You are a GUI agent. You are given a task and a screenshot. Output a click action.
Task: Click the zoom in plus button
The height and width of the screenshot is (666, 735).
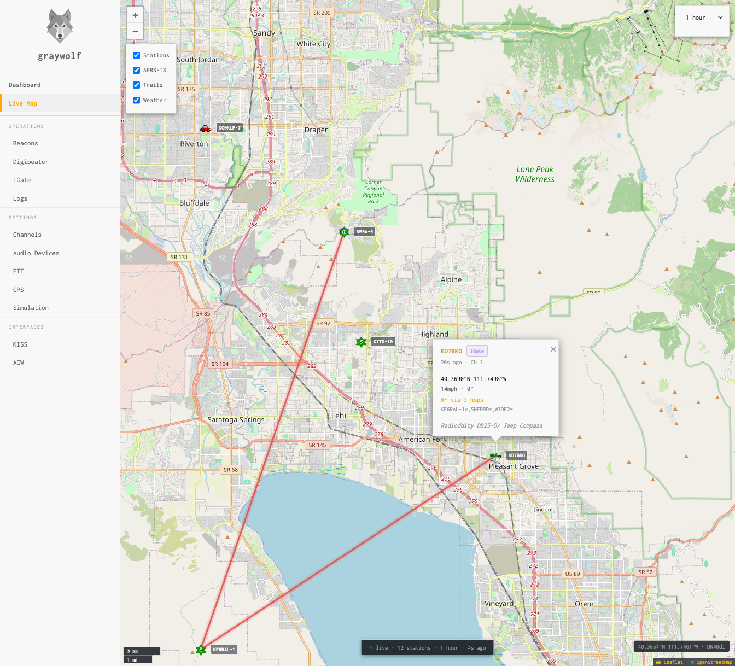pyautogui.click(x=135, y=15)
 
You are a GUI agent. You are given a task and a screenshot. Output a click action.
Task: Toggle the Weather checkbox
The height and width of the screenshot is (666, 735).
pyautogui.click(x=137, y=100)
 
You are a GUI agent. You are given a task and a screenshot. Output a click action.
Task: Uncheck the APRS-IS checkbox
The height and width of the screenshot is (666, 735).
pyautogui.click(x=137, y=70)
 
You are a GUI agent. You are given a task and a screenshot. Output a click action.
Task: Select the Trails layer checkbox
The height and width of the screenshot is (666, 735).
pyautogui.click(x=137, y=85)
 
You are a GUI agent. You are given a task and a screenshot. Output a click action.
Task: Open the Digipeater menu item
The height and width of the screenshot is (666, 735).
pyautogui.click(x=31, y=162)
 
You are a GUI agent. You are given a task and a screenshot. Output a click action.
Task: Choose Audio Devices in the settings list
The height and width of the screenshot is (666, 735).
pyautogui.click(x=36, y=253)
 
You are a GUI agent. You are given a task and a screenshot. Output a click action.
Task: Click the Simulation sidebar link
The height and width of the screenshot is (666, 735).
pyautogui.click(x=31, y=308)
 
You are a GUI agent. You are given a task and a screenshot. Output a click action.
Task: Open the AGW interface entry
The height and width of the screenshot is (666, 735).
pyautogui.click(x=19, y=363)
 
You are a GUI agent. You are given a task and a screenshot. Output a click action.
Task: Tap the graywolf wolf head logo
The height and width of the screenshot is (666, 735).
pyautogui.click(x=60, y=26)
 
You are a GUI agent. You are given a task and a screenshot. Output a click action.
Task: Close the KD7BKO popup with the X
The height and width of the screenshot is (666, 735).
pyautogui.click(x=553, y=349)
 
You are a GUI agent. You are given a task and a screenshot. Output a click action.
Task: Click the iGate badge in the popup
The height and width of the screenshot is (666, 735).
pyautogui.click(x=477, y=351)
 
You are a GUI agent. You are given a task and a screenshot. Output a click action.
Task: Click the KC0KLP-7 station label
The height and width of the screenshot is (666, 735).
pyautogui.click(x=230, y=128)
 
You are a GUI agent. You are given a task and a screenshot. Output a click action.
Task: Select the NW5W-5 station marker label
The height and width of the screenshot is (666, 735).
pyautogui.click(x=364, y=232)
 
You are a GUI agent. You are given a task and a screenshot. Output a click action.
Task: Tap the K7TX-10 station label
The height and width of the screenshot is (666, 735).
pyautogui.click(x=383, y=342)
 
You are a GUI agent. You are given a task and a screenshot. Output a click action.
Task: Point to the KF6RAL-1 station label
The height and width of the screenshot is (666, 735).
pyautogui.click(x=224, y=650)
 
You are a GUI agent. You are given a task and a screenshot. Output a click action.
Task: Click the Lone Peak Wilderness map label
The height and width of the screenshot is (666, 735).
pyautogui.click(x=535, y=174)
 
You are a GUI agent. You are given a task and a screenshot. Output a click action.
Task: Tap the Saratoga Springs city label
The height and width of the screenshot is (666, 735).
pyautogui.click(x=236, y=420)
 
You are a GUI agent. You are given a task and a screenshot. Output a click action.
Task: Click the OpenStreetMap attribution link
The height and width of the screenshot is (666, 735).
pyautogui.click(x=714, y=662)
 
